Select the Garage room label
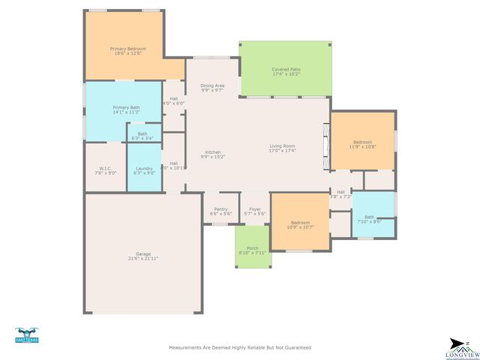[x=143, y=253]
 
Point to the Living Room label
[x=283, y=145]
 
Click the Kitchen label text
[x=212, y=151]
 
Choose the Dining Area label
[x=212, y=85]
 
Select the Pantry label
[x=220, y=209]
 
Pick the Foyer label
[x=255, y=209]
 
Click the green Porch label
[x=252, y=248]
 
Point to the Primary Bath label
[x=126, y=107]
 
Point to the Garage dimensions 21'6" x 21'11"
[x=143, y=258]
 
